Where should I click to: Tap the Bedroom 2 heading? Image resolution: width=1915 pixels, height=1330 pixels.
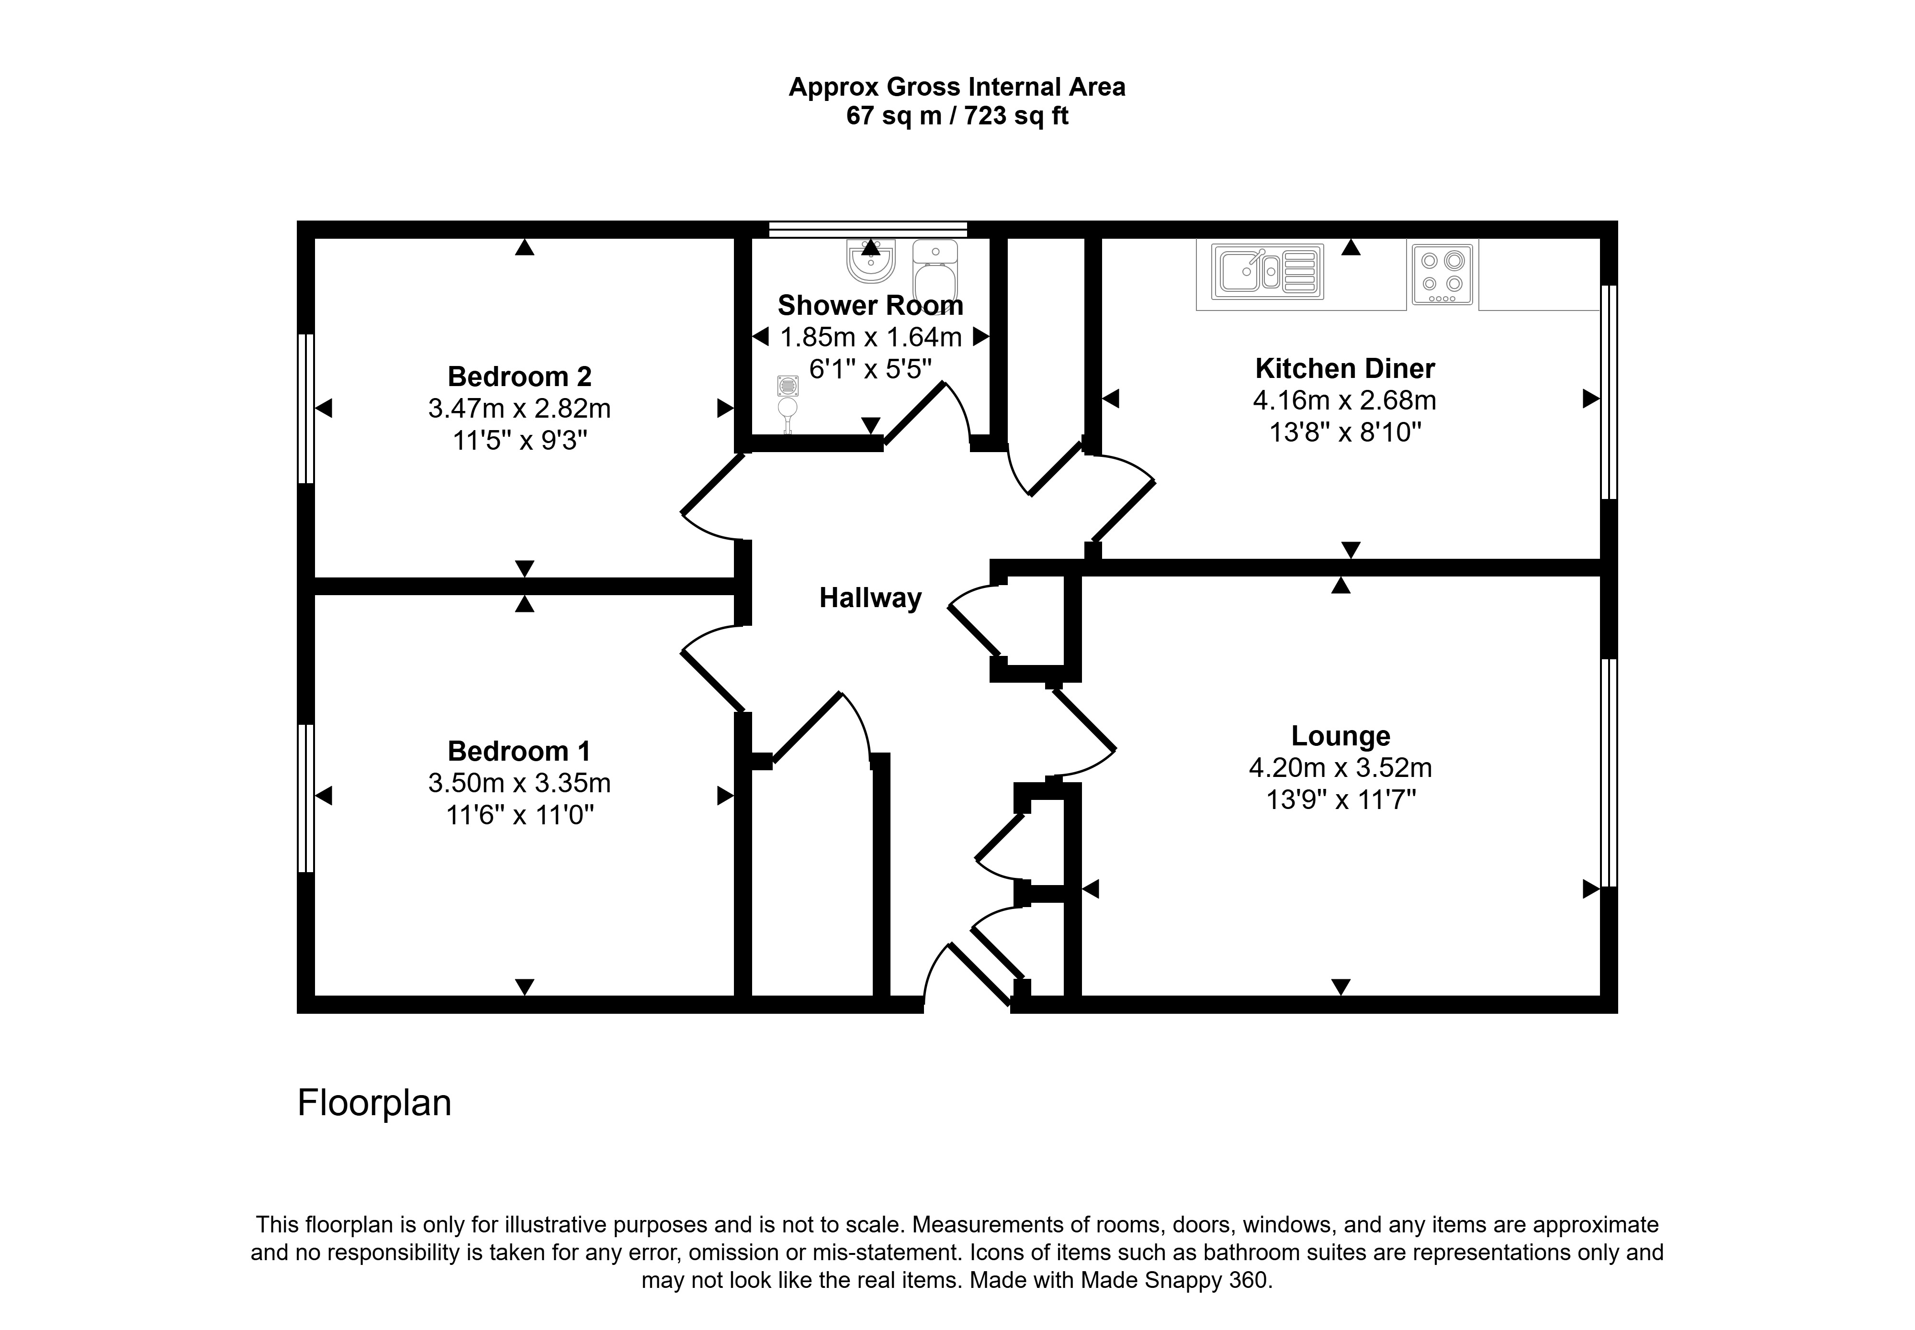(x=519, y=377)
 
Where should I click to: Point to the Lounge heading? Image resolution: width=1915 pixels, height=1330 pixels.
(x=1340, y=737)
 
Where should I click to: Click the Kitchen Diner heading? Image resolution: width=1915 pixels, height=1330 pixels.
(x=1345, y=368)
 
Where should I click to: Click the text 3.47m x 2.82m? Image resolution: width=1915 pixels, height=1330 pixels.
(x=519, y=409)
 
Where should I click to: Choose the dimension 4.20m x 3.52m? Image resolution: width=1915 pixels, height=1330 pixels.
(x=1340, y=767)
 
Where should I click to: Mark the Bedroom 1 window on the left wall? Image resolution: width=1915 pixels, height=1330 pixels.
(x=306, y=798)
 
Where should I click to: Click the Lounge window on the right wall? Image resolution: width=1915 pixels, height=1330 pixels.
(x=1609, y=773)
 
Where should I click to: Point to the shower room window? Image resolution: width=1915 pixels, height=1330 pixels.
(x=868, y=229)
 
